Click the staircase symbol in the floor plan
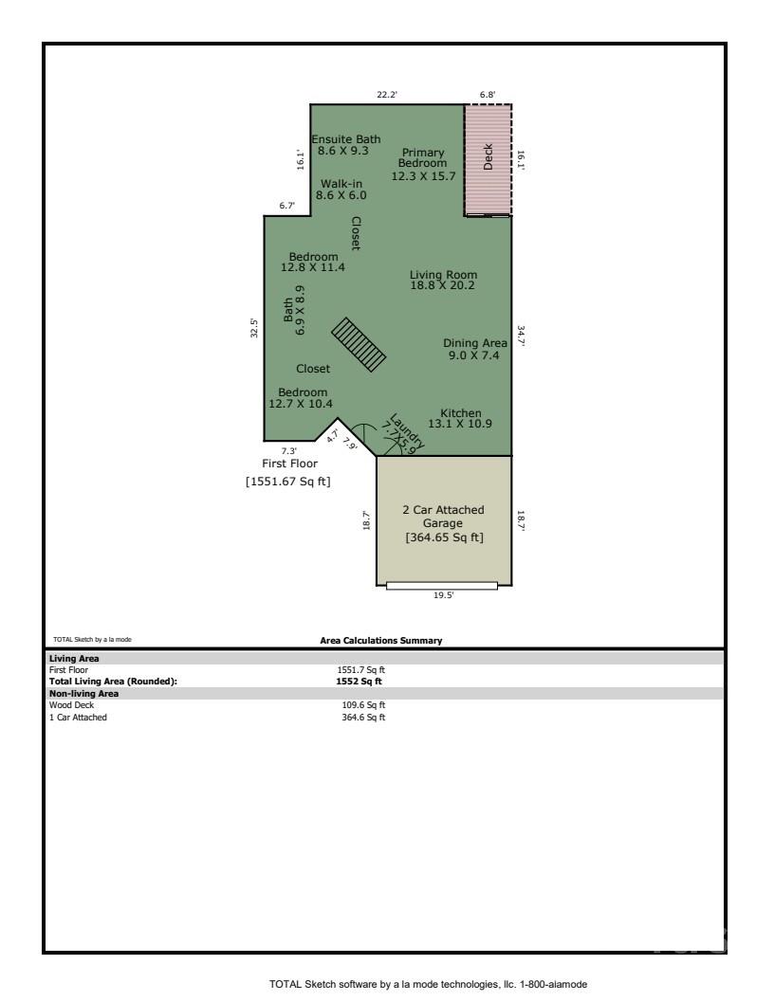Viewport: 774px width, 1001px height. (x=359, y=345)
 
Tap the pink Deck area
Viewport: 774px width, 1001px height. (x=488, y=160)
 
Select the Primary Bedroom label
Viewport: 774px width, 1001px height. (x=423, y=164)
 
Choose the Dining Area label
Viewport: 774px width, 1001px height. (x=474, y=349)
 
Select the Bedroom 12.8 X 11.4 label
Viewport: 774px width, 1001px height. (x=313, y=263)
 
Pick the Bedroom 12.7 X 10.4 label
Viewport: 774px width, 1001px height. (x=303, y=398)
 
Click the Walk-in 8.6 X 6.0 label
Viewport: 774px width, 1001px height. (x=341, y=190)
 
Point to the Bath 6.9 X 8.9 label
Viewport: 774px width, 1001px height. (x=294, y=310)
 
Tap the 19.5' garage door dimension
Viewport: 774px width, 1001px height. (x=443, y=595)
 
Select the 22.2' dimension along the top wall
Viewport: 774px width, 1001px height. (x=387, y=95)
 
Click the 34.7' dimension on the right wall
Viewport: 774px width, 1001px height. (x=521, y=337)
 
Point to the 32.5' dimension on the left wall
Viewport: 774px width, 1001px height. (x=254, y=326)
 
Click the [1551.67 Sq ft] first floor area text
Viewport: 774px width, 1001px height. (x=287, y=482)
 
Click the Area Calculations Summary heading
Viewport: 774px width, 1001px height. (x=382, y=641)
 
